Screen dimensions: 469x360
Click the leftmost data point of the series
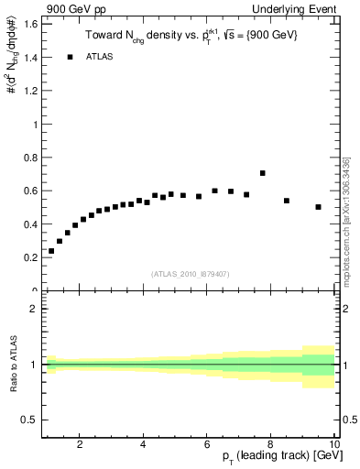click(x=51, y=251)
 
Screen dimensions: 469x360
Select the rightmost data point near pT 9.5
click(x=319, y=207)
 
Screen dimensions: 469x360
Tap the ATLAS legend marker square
click(x=69, y=57)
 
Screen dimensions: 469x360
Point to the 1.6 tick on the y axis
click(x=30, y=24)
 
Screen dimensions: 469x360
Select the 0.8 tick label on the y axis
click(x=30, y=158)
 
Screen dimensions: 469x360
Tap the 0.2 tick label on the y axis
click(x=30, y=258)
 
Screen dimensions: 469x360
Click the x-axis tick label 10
click(x=334, y=445)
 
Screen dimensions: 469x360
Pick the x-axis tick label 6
click(x=207, y=445)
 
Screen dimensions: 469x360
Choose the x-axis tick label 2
click(x=80, y=445)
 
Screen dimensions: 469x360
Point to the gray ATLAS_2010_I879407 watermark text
click(x=190, y=273)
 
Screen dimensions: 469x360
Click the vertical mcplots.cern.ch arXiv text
click(x=346, y=220)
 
